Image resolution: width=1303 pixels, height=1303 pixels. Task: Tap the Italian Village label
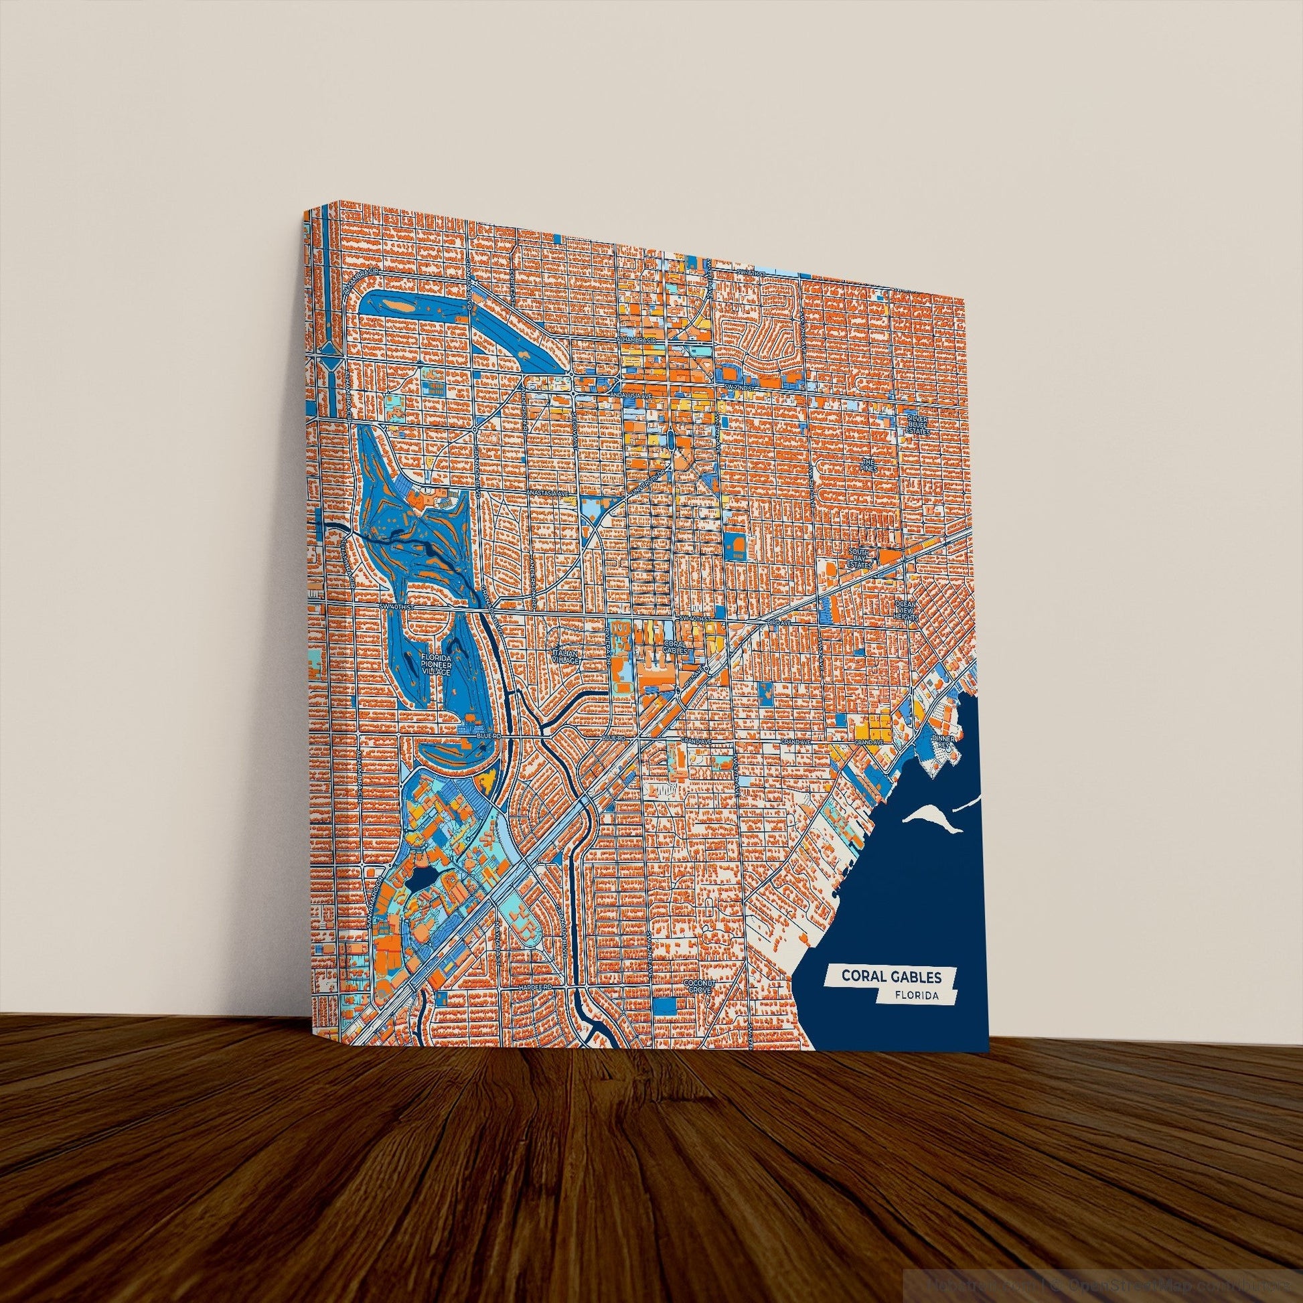click(566, 657)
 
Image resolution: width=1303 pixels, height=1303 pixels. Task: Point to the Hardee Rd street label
click(536, 1005)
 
